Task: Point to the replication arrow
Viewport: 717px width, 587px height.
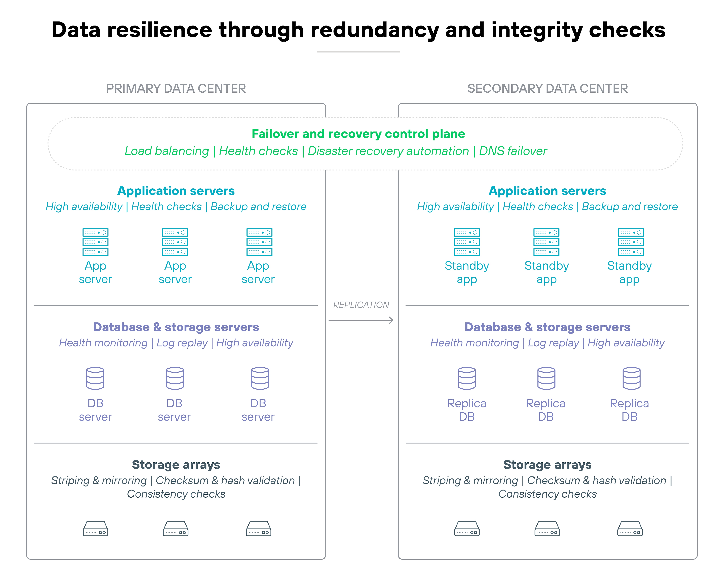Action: pos(361,320)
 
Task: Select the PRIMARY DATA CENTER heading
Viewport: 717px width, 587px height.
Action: pos(176,89)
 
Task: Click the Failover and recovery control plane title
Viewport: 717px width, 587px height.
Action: pos(358,134)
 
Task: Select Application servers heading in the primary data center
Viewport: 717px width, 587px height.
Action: pos(176,191)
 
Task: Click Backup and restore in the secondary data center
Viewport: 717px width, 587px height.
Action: pos(630,207)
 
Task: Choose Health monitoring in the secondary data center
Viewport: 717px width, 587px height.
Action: pos(474,343)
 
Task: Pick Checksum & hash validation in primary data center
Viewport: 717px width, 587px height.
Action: pos(225,481)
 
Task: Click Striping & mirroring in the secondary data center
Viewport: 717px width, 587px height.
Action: pos(470,481)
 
